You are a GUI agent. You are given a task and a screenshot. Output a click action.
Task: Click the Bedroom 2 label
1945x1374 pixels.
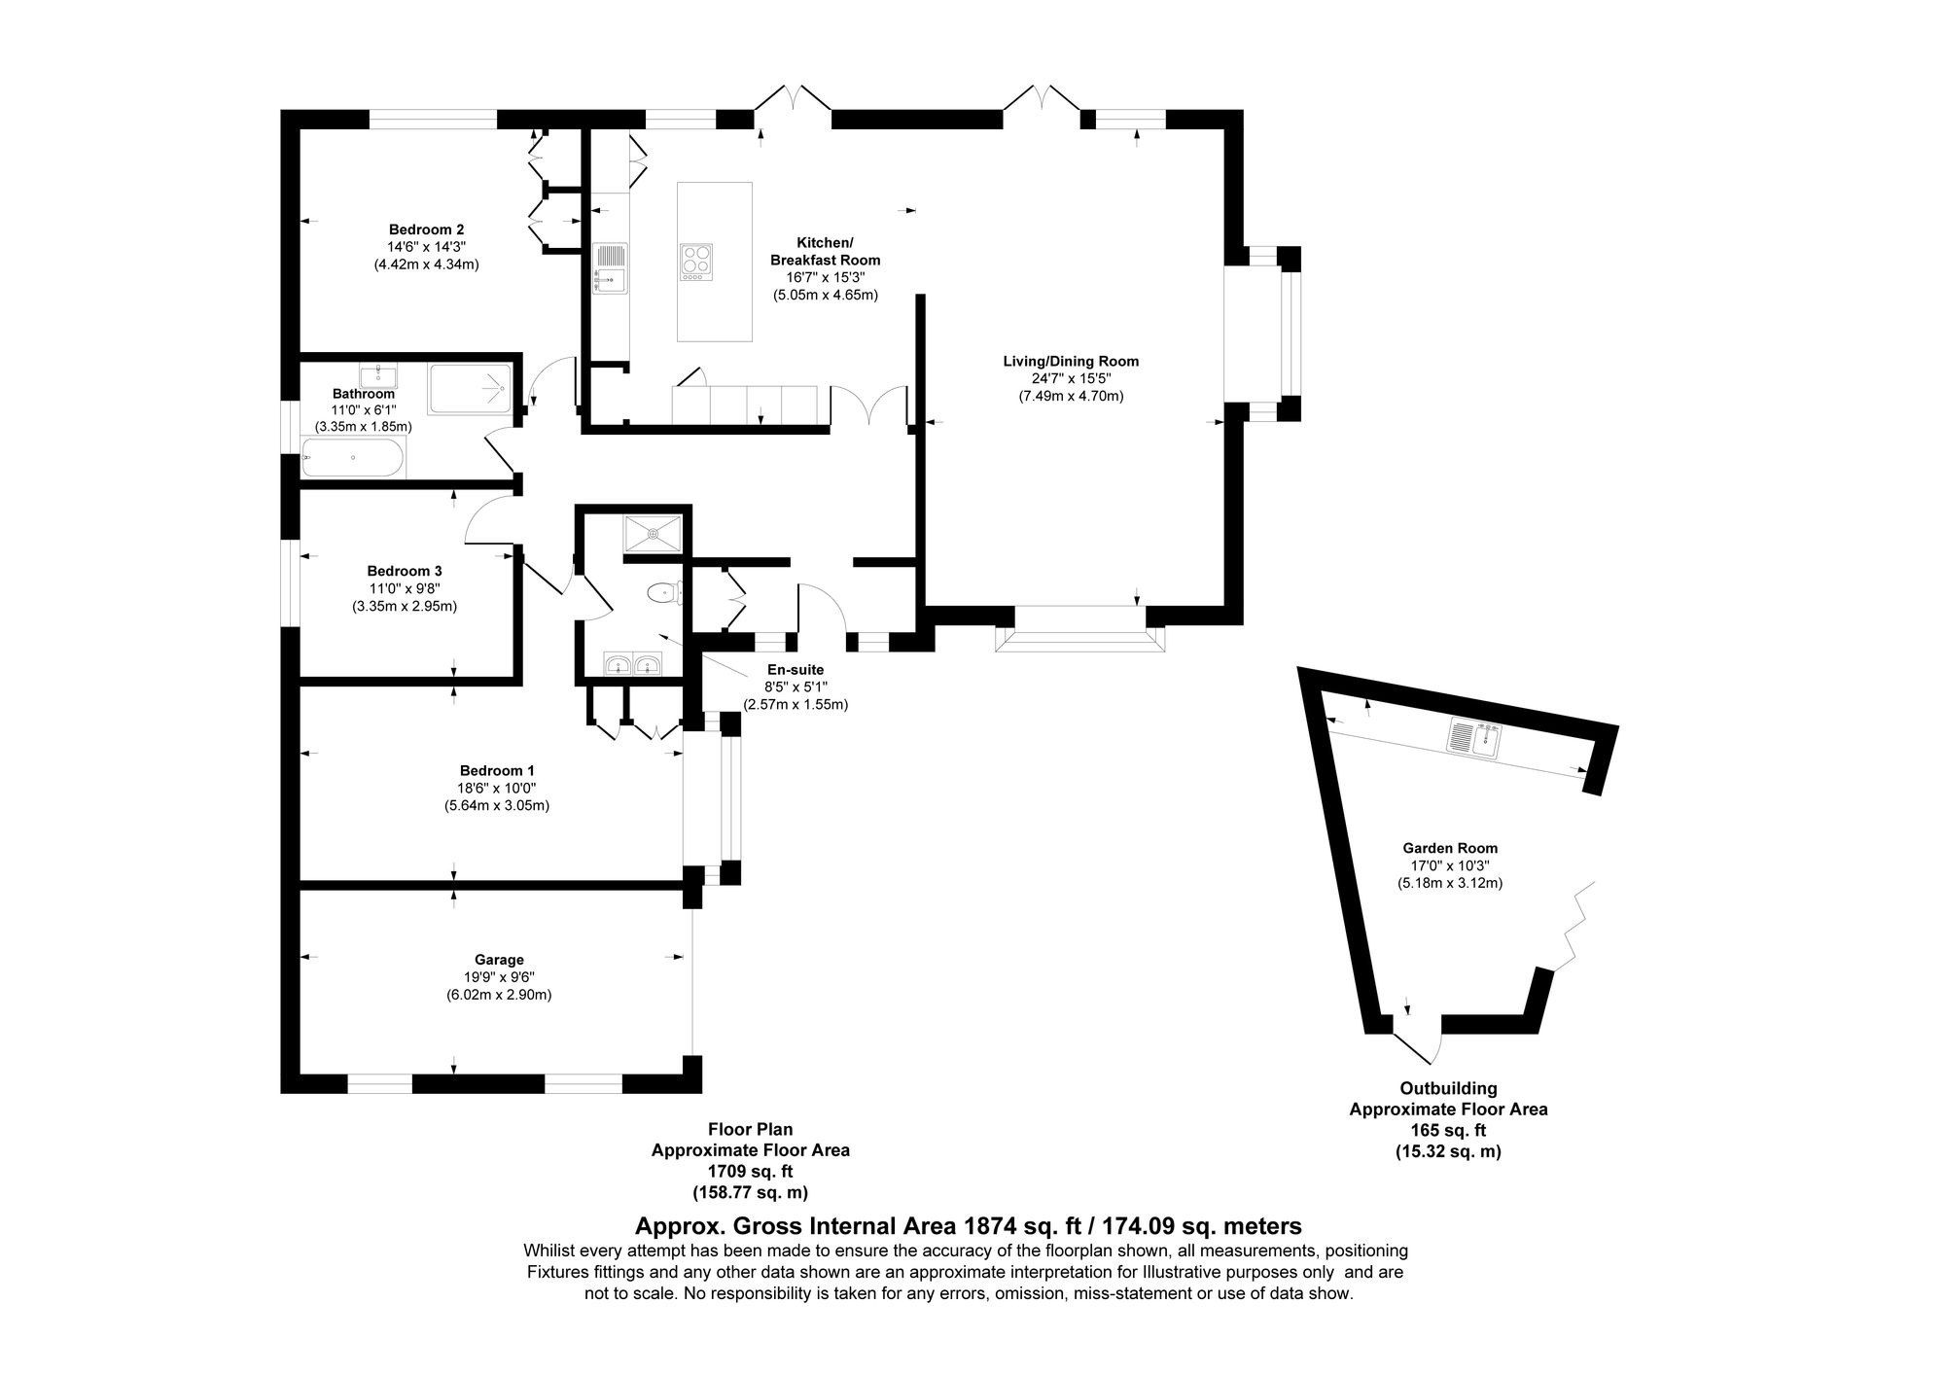[426, 229]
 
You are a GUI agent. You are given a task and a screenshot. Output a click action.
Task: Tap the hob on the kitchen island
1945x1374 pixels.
[695, 262]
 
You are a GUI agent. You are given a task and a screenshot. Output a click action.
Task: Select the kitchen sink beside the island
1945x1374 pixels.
[611, 267]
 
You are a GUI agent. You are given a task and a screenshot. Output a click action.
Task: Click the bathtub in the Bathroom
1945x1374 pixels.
[352, 457]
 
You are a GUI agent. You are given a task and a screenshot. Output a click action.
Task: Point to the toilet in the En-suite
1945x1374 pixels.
[665, 591]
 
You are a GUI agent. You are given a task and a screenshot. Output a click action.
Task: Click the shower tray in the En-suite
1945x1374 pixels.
[654, 533]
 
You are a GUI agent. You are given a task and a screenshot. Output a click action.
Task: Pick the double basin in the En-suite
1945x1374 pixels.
[632, 665]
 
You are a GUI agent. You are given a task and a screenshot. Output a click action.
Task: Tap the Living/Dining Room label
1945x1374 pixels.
[1071, 361]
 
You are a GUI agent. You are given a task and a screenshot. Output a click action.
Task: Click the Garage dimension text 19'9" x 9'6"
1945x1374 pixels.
[500, 977]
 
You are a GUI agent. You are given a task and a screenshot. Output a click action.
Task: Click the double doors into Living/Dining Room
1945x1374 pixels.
[869, 406]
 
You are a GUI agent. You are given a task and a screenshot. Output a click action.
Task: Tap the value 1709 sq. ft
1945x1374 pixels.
[750, 1171]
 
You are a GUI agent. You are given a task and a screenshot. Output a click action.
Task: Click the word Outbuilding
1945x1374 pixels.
[1448, 1089]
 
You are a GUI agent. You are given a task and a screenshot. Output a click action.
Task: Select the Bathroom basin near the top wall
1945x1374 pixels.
[377, 375]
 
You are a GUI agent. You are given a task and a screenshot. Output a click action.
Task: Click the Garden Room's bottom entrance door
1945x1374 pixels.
[1418, 1042]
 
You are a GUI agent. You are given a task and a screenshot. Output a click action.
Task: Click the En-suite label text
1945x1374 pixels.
[796, 670]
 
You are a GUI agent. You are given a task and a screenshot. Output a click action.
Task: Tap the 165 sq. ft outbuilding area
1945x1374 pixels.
[1448, 1130]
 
